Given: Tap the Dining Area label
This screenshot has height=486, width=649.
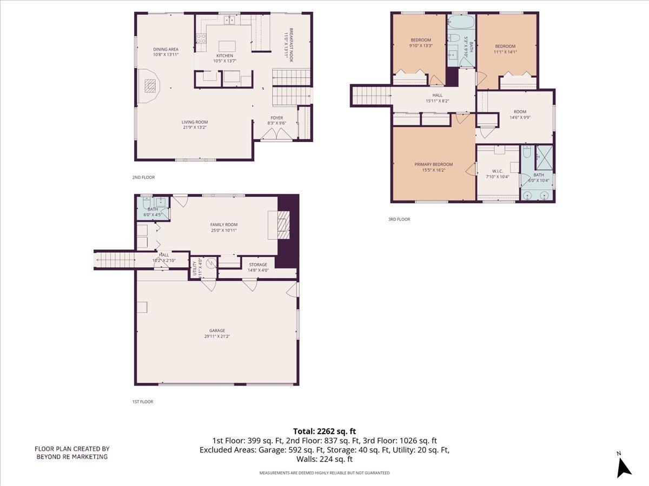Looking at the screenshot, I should (165, 49).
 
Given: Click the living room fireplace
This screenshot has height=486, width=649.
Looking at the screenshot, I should (150, 85).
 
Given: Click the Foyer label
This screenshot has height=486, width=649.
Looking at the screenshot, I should (276, 118).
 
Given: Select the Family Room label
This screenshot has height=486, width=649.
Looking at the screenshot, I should (224, 225).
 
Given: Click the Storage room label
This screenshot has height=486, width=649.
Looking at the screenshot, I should (258, 265).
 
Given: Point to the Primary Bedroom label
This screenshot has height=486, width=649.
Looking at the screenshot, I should (434, 164).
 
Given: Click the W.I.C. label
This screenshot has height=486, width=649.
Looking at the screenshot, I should (498, 171).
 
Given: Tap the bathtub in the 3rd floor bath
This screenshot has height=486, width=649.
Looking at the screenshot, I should (461, 22).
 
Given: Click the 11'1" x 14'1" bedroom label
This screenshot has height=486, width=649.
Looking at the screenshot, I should (505, 46).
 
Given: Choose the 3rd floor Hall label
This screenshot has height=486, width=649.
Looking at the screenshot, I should (437, 95).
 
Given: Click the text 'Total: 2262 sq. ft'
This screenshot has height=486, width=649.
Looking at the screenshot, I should (325, 431).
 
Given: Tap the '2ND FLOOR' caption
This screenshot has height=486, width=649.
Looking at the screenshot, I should (143, 177).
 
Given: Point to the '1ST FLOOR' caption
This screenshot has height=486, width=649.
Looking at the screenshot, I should (143, 402).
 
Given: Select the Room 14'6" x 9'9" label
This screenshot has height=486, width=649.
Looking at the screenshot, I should (520, 112).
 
